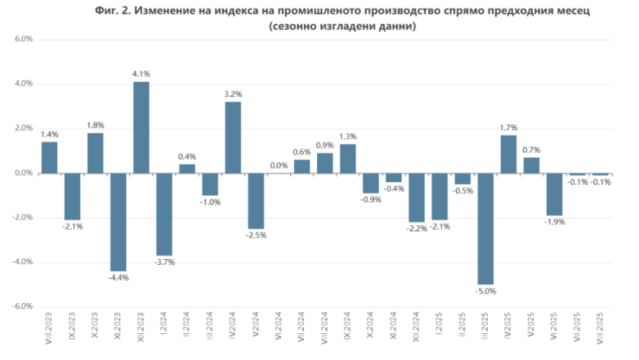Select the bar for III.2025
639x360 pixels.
pyautogui.click(x=486, y=229)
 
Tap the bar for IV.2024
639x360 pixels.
pyautogui.click(x=233, y=137)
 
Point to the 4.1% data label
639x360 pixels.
pyautogui.click(x=141, y=73)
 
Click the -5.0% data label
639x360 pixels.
pyautogui.click(x=486, y=293)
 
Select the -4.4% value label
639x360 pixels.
pyautogui.click(x=118, y=278)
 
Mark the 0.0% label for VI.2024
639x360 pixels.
pyautogui.click(x=279, y=165)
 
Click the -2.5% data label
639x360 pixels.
pyautogui.click(x=256, y=236)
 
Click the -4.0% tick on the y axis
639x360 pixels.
pyautogui.click(x=22, y=262)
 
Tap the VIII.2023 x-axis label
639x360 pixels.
pyautogui.click(x=49, y=331)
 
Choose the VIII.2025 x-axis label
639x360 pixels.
pyautogui.click(x=601, y=331)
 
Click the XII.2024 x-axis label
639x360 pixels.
pyautogui.click(x=417, y=331)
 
